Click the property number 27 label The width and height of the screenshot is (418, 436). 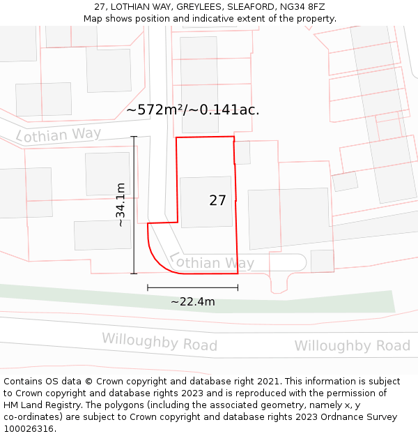coord(217,200)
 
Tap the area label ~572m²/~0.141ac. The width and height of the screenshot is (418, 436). coord(193,110)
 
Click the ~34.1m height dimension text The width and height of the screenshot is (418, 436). coord(121,204)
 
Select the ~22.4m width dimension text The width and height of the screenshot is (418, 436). coord(193,302)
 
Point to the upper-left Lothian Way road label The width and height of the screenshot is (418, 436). coord(59,135)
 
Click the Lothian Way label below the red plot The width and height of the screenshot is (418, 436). coord(212,262)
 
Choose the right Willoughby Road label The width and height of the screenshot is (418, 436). coord(352,345)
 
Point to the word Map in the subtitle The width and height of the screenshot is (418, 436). coord(93,19)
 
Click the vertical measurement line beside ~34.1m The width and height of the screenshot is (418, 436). coord(134,204)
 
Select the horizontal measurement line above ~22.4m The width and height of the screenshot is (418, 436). coord(193,287)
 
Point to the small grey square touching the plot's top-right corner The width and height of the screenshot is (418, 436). coord(242,153)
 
